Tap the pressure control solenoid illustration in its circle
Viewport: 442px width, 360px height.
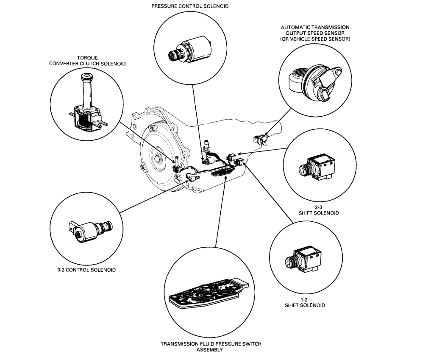pos(190,50)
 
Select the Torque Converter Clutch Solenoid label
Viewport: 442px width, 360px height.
pos(88,61)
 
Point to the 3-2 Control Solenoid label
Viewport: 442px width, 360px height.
pos(86,270)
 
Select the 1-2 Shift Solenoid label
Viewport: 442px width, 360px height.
pos(306,302)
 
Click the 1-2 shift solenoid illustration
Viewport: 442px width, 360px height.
pos(306,260)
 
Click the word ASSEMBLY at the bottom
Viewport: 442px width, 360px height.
pos(211,350)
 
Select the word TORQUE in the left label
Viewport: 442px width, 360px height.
pos(88,58)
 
